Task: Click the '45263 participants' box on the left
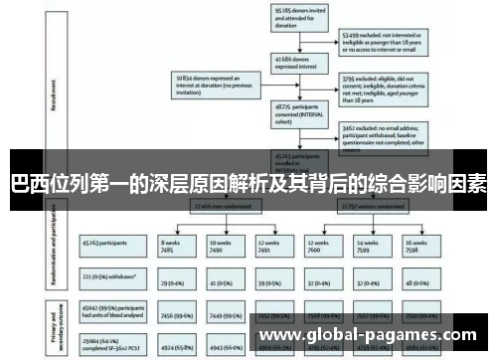(x=109, y=242)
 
